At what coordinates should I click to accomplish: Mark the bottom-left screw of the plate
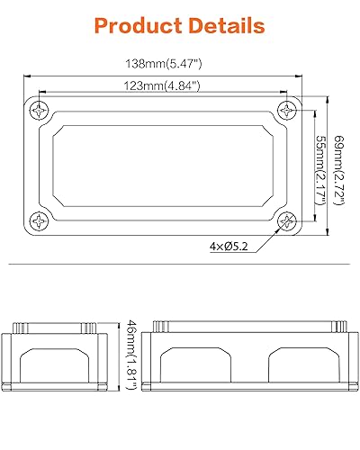(x=40, y=222)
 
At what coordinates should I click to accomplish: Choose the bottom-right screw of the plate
(x=287, y=222)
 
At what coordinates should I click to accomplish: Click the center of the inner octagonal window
(x=163, y=166)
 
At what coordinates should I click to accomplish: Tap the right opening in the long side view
(x=301, y=366)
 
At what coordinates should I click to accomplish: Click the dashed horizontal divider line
(x=180, y=265)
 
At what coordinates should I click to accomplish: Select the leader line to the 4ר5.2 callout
(x=266, y=236)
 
